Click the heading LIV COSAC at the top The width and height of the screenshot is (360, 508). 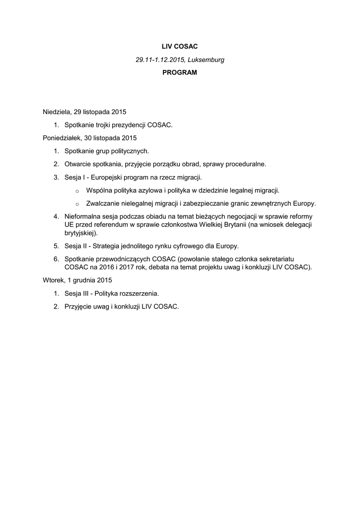tap(180, 46)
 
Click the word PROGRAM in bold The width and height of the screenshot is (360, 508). tap(180, 72)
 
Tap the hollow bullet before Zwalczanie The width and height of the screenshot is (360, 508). tap(77, 204)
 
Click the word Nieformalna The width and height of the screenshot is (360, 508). tap(84, 217)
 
